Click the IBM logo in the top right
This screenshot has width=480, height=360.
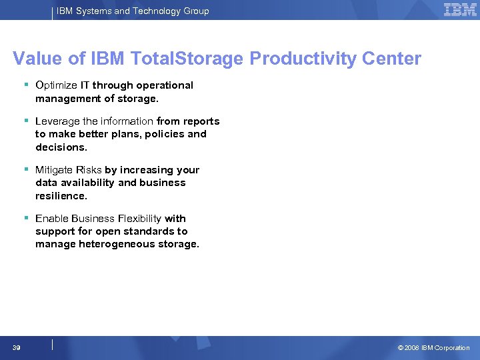tap(460, 10)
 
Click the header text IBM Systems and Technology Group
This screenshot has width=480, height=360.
tap(133, 11)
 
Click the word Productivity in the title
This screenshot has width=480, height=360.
tap(303, 59)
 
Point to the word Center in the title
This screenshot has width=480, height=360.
tap(392, 59)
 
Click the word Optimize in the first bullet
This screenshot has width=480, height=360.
tap(56, 85)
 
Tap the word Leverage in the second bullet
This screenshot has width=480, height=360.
tap(57, 121)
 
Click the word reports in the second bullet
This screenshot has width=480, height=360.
tap(202, 121)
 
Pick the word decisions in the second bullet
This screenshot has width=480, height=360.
tap(61, 147)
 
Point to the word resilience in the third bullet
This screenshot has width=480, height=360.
tap(61, 195)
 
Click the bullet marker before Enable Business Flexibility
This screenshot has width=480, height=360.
tap(25, 218)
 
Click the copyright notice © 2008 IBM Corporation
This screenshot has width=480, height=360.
tap(433, 347)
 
